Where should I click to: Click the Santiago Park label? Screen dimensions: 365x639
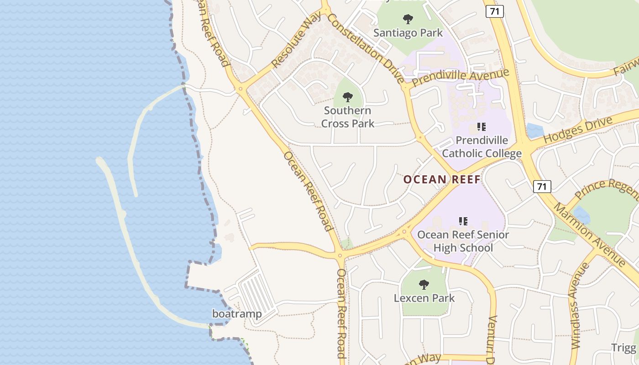(408, 33)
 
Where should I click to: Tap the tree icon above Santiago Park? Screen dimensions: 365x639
(408, 19)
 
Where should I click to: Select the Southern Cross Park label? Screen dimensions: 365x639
(348, 117)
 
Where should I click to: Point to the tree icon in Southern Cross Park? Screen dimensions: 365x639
(348, 97)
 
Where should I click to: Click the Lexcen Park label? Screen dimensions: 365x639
(424, 298)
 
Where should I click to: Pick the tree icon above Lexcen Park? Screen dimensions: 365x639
(424, 285)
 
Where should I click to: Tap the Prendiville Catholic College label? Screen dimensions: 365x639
(482, 147)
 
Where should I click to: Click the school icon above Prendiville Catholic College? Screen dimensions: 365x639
(482, 126)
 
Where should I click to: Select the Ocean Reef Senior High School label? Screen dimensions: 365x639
(463, 241)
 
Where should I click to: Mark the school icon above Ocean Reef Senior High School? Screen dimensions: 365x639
(463, 221)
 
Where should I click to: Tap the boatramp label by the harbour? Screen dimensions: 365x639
(237, 314)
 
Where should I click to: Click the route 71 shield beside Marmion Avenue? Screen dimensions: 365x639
(542, 186)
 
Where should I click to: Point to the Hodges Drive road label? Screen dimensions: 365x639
(578, 130)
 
